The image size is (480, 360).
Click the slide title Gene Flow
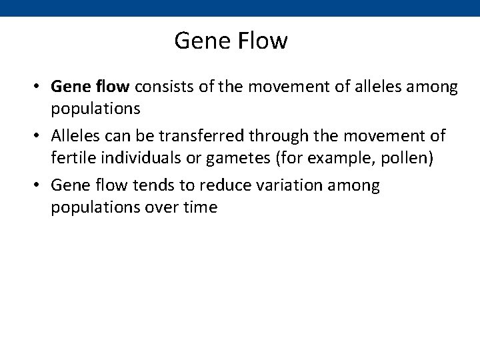[231, 41]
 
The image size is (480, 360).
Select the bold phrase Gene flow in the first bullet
[93, 87]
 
